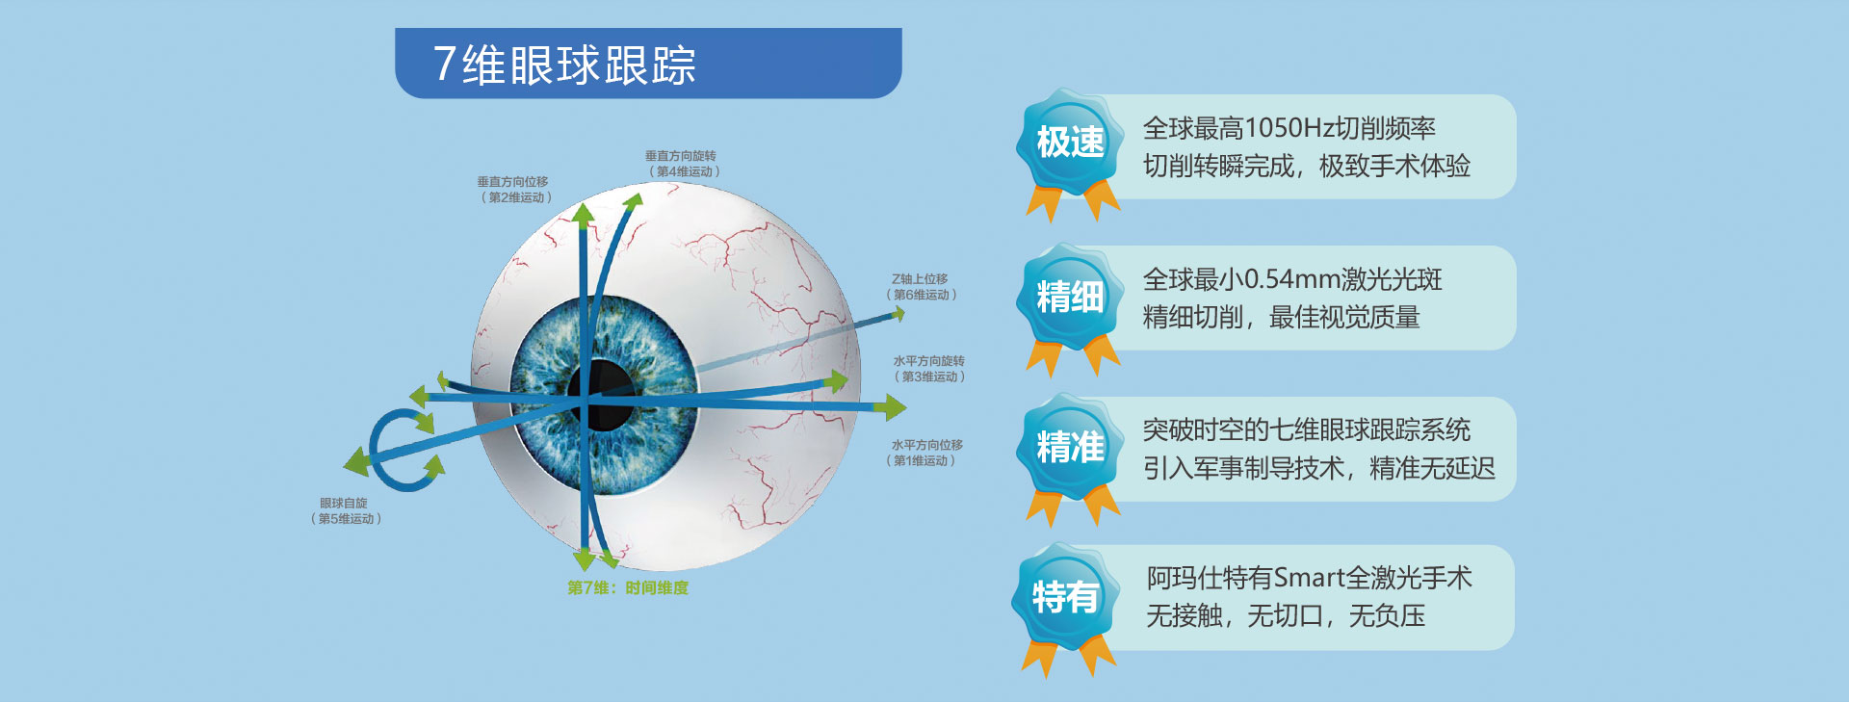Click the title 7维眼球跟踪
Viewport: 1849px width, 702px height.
coord(564,65)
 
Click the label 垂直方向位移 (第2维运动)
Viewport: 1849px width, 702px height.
coord(514,190)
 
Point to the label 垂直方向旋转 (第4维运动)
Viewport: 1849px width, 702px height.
coord(682,164)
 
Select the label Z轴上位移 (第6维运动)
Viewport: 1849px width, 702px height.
coord(921,287)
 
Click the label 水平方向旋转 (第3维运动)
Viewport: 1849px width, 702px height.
coord(928,369)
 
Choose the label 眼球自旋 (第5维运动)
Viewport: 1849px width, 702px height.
coord(346,510)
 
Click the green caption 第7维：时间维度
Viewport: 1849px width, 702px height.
coord(628,587)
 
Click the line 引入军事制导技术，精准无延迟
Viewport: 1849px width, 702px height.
coord(1318,469)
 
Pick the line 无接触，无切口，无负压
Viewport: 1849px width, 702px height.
coord(1286,616)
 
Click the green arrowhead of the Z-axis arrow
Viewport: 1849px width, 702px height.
coord(898,313)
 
